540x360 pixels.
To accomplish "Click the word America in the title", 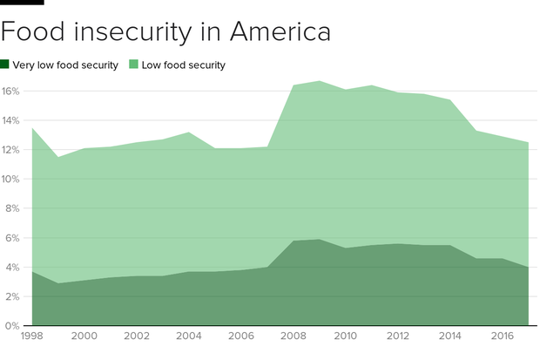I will pyautogui.click(x=280, y=31).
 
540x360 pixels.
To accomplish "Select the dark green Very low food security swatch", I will pyautogui.click(x=5, y=65).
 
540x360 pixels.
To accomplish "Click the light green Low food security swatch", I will pyautogui.click(x=134, y=65).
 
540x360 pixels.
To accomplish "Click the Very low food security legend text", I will pyautogui.click(x=65, y=65).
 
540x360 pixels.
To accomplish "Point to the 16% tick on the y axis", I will pyautogui.click(x=11, y=91).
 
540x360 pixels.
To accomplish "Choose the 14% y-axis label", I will pyautogui.click(x=11, y=120).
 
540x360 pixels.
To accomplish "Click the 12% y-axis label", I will pyautogui.click(x=11, y=150).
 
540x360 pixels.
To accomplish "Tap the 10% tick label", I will pyautogui.click(x=11, y=179).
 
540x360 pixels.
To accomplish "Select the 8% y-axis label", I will pyautogui.click(x=13, y=208).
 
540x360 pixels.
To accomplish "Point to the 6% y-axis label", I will pyautogui.click(x=13, y=238).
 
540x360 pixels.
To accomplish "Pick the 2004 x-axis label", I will pyautogui.click(x=188, y=336).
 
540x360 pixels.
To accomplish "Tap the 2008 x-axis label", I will pyautogui.click(x=293, y=336).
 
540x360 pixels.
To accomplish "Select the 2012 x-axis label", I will pyautogui.click(x=397, y=336).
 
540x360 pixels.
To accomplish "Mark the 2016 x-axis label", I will pyautogui.click(x=502, y=336).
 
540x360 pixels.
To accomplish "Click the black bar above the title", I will pyautogui.click(x=22, y=2).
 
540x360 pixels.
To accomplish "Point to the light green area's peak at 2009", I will pyautogui.click(x=319, y=81).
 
